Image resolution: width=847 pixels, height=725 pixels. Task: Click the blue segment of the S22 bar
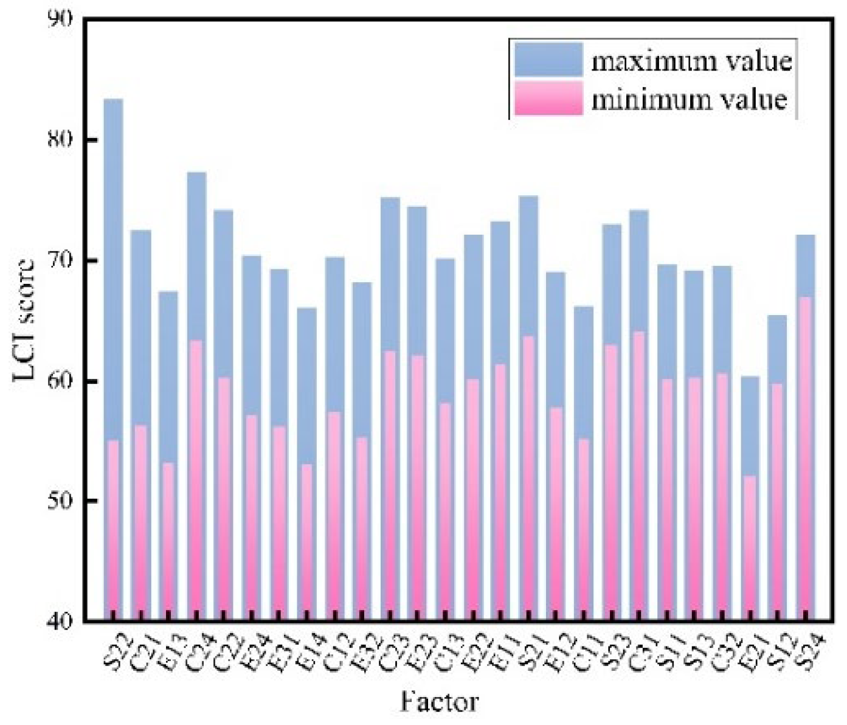click(113, 268)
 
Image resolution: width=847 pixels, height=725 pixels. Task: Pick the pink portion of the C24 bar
click(196, 480)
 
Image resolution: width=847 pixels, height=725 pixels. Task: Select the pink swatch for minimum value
click(548, 99)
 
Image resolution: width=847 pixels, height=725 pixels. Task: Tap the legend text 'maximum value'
click(691, 61)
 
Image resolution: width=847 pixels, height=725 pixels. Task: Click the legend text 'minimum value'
click(689, 99)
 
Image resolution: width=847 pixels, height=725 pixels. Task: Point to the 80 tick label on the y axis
click(60, 139)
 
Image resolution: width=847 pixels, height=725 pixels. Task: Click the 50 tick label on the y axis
click(60, 501)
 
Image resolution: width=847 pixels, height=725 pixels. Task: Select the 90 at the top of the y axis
click(60, 19)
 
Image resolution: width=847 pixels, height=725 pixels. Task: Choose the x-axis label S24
click(807, 650)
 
